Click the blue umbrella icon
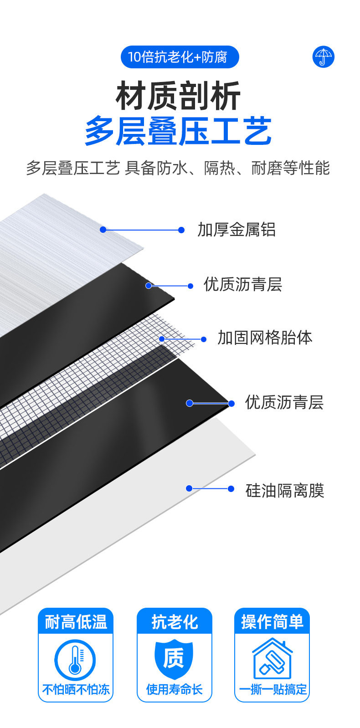[x=324, y=57]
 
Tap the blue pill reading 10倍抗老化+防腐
[x=180, y=57]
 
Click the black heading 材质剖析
[x=178, y=96]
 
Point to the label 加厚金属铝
[x=237, y=230]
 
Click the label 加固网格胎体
[x=265, y=338]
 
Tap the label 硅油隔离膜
[x=284, y=490]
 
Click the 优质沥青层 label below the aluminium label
[x=242, y=284]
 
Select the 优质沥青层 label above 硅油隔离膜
[x=284, y=402]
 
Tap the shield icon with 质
[x=174, y=659]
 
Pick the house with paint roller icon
[x=272, y=659]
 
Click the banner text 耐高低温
[x=76, y=622]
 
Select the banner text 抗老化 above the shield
[x=175, y=622]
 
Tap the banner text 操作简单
[x=272, y=622]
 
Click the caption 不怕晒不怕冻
[x=76, y=689]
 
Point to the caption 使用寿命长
[x=174, y=689]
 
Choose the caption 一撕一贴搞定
[x=273, y=689]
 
